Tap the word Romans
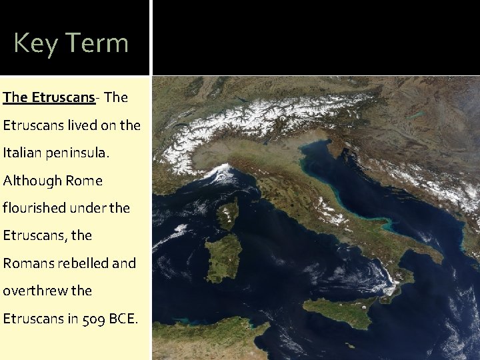coord(26,263)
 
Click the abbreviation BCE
coord(124,319)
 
